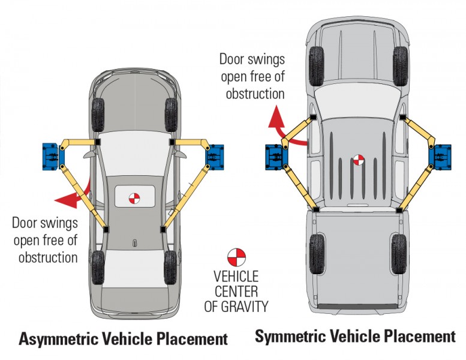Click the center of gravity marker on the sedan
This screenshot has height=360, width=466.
135,197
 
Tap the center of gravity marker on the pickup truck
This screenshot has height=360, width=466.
358,160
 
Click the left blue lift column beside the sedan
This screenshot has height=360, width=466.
51,155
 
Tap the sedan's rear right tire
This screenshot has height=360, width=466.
171,267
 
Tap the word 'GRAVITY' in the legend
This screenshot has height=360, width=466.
244,306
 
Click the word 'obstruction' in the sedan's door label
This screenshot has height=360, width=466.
47,257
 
